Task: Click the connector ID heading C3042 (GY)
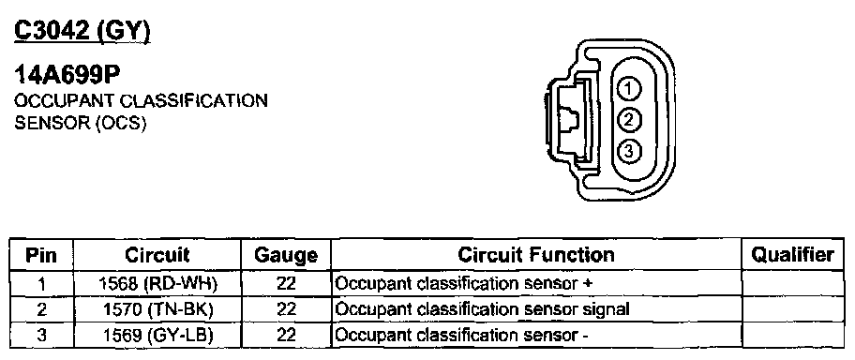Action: click(x=82, y=32)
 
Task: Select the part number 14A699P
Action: click(x=67, y=76)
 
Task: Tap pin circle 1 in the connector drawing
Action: click(x=629, y=89)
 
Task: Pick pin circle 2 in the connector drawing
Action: click(x=629, y=119)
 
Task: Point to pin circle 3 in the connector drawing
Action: click(x=629, y=151)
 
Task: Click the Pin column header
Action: click(x=41, y=255)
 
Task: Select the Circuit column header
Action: click(x=157, y=255)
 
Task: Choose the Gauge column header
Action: click(x=286, y=255)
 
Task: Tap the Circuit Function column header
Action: click(x=536, y=255)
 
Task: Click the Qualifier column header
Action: click(x=792, y=255)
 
